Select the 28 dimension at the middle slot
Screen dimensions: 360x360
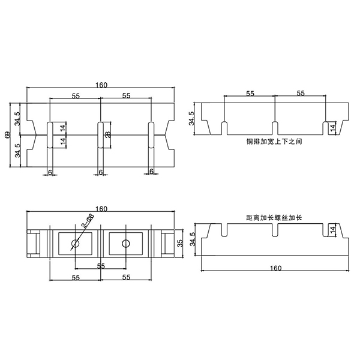click(108, 135)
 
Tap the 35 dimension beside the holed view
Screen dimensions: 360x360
click(180, 243)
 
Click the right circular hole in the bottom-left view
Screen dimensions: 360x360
click(125, 244)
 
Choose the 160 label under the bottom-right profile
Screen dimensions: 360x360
click(275, 268)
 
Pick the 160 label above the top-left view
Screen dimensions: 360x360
click(101, 85)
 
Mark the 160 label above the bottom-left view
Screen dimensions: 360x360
click(101, 209)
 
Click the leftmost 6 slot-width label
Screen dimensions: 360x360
click(50, 172)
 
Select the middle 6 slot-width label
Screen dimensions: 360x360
click(101, 172)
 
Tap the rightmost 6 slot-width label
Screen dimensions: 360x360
click(151, 172)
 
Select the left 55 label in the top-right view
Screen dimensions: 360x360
click(250, 94)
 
